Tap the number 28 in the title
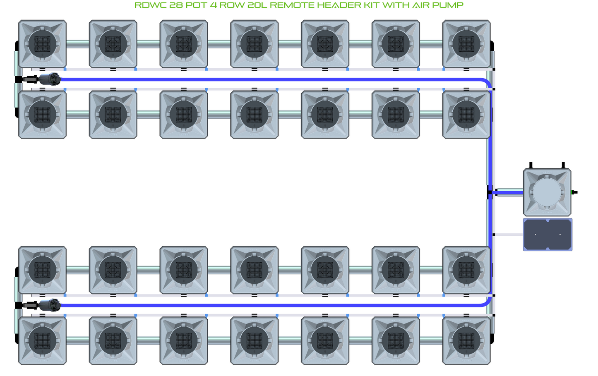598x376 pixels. point(177,5)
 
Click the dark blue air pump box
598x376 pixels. point(548,235)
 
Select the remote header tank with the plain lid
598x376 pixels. point(547,192)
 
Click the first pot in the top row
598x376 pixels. point(42,44)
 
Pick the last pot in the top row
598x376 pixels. point(466,44)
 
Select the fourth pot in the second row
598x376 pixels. point(254,115)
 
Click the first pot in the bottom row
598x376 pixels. point(42,340)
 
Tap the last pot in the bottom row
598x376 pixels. point(466,340)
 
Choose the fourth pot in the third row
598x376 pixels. point(254,270)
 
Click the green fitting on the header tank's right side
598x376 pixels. point(574,192)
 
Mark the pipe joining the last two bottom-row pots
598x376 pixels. point(431,340)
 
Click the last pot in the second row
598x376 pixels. point(466,115)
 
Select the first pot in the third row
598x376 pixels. point(42,270)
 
